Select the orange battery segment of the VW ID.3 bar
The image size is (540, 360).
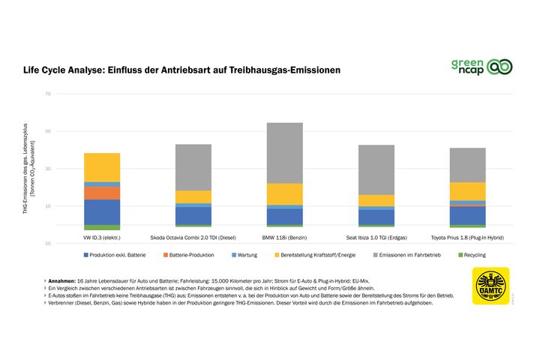[102, 193]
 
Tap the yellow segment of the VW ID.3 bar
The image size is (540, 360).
[102, 167]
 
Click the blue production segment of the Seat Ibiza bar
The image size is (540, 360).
[376, 217]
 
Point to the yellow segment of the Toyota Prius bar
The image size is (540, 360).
[467, 191]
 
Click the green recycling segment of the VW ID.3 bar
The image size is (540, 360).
[102, 227]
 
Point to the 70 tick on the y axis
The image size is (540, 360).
[47, 94]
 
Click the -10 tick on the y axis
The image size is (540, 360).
[46, 244]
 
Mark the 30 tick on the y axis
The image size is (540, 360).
[47, 169]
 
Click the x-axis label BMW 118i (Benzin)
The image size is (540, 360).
[285, 238]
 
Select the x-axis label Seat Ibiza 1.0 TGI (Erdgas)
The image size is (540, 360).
[376, 238]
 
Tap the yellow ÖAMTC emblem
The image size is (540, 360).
[490, 286]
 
